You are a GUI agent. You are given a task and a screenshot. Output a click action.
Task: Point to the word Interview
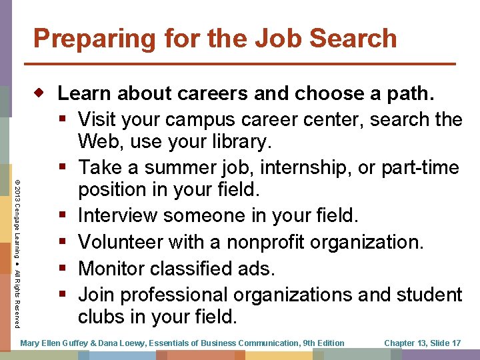pyautogui.click(x=117, y=215)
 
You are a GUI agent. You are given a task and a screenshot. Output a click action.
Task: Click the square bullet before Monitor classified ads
pyautogui.click(x=63, y=269)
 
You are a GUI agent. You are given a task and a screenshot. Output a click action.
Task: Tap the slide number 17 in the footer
pyautogui.click(x=455, y=343)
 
